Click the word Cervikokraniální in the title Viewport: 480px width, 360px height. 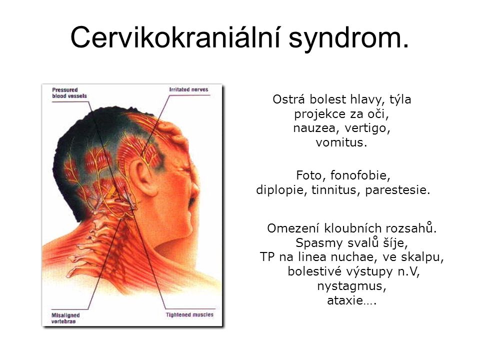pos(175,37)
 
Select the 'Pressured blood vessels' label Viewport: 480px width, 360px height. pos(69,93)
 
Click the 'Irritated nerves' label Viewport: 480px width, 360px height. pos(188,89)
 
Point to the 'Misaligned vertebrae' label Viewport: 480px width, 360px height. pos(65,318)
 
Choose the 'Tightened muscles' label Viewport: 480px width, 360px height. pos(189,314)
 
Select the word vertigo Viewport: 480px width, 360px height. pos(367,128)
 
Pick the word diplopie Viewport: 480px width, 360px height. pos(281,190)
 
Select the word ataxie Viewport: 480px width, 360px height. pos(344,300)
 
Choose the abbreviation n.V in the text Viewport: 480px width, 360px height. pos(408,271)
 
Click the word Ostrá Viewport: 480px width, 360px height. pos(289,99)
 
